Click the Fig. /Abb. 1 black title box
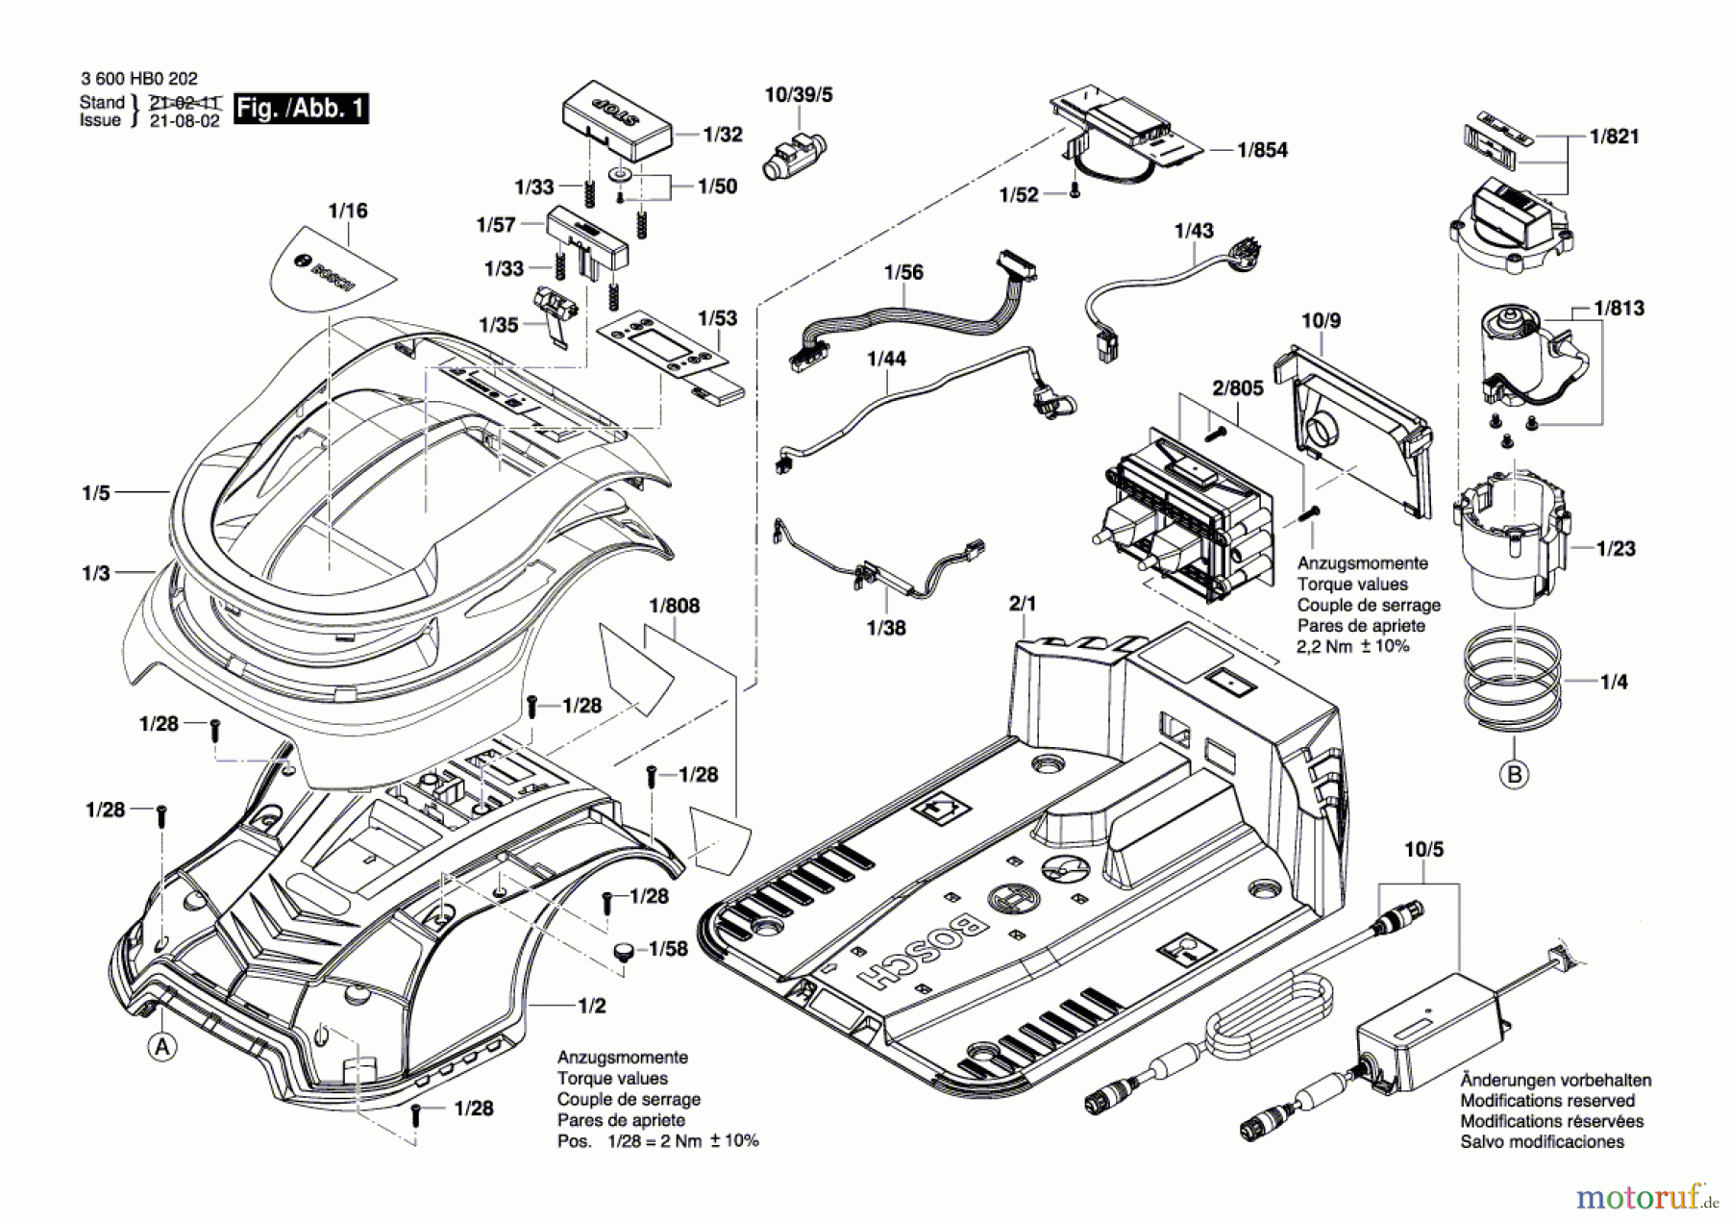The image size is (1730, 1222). pyautogui.click(x=301, y=108)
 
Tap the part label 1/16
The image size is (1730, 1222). pyautogui.click(x=348, y=211)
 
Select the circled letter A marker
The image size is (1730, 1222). pyautogui.click(x=162, y=1047)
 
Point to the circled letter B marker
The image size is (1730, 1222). pyautogui.click(x=1515, y=774)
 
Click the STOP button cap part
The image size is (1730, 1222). pyautogui.click(x=618, y=120)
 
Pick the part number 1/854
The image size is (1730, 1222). pyautogui.click(x=1263, y=150)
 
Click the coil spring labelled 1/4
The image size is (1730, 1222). pyautogui.click(x=1512, y=676)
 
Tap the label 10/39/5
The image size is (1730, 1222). pyautogui.click(x=799, y=94)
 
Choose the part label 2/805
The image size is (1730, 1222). pyautogui.click(x=1238, y=387)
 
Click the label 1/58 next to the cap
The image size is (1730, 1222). pyautogui.click(x=668, y=949)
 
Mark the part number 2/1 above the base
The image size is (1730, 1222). pyautogui.click(x=1023, y=604)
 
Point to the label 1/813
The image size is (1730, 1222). pyautogui.click(x=1619, y=309)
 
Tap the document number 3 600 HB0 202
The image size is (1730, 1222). pyautogui.click(x=139, y=80)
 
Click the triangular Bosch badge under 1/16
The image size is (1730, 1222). pyautogui.click(x=329, y=267)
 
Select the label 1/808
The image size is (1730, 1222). pyautogui.click(x=675, y=606)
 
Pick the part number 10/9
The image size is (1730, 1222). pyautogui.click(x=1321, y=320)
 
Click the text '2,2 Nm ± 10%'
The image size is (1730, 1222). pyautogui.click(x=1353, y=646)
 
